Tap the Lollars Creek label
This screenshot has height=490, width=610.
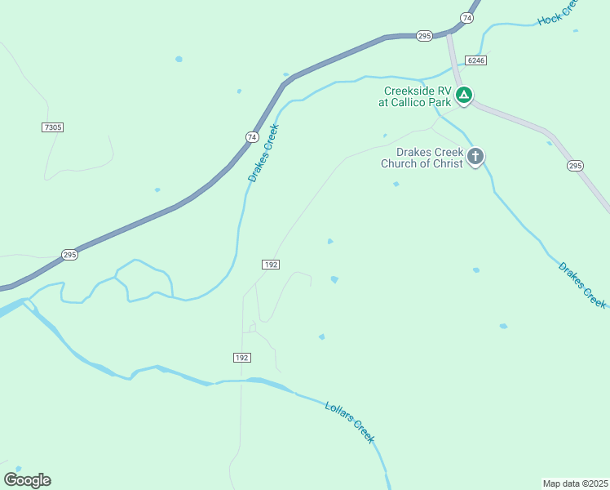[x=349, y=422]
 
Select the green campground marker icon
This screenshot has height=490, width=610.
[x=464, y=96]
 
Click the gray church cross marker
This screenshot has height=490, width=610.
[x=475, y=156]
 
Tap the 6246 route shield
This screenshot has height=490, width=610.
[x=476, y=60]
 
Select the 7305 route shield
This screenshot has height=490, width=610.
[x=52, y=127]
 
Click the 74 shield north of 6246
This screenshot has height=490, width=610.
[x=466, y=17]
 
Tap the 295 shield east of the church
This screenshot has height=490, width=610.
[x=575, y=166]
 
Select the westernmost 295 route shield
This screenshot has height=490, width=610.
[x=69, y=255]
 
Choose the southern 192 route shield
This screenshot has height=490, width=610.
[x=241, y=358]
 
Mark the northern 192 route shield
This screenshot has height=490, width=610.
[x=272, y=265]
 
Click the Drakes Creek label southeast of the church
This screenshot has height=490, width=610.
[x=582, y=284]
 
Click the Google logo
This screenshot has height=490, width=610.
[x=27, y=480]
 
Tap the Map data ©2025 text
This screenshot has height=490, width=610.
[x=575, y=483]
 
